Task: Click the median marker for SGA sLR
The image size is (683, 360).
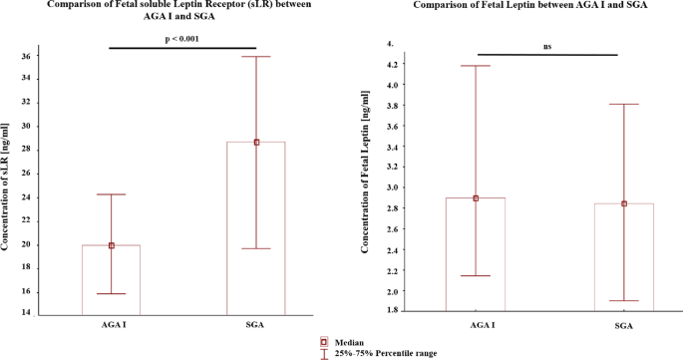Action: click(256, 142)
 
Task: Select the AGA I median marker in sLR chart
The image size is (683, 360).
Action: click(111, 245)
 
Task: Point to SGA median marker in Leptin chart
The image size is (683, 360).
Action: click(624, 203)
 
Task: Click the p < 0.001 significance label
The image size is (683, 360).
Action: click(181, 39)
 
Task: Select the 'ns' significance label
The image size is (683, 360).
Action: click(548, 46)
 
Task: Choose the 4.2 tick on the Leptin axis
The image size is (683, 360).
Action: click(391, 65)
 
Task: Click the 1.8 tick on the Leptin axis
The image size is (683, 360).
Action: click(391, 310)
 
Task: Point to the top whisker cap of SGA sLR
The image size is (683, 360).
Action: click(256, 57)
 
